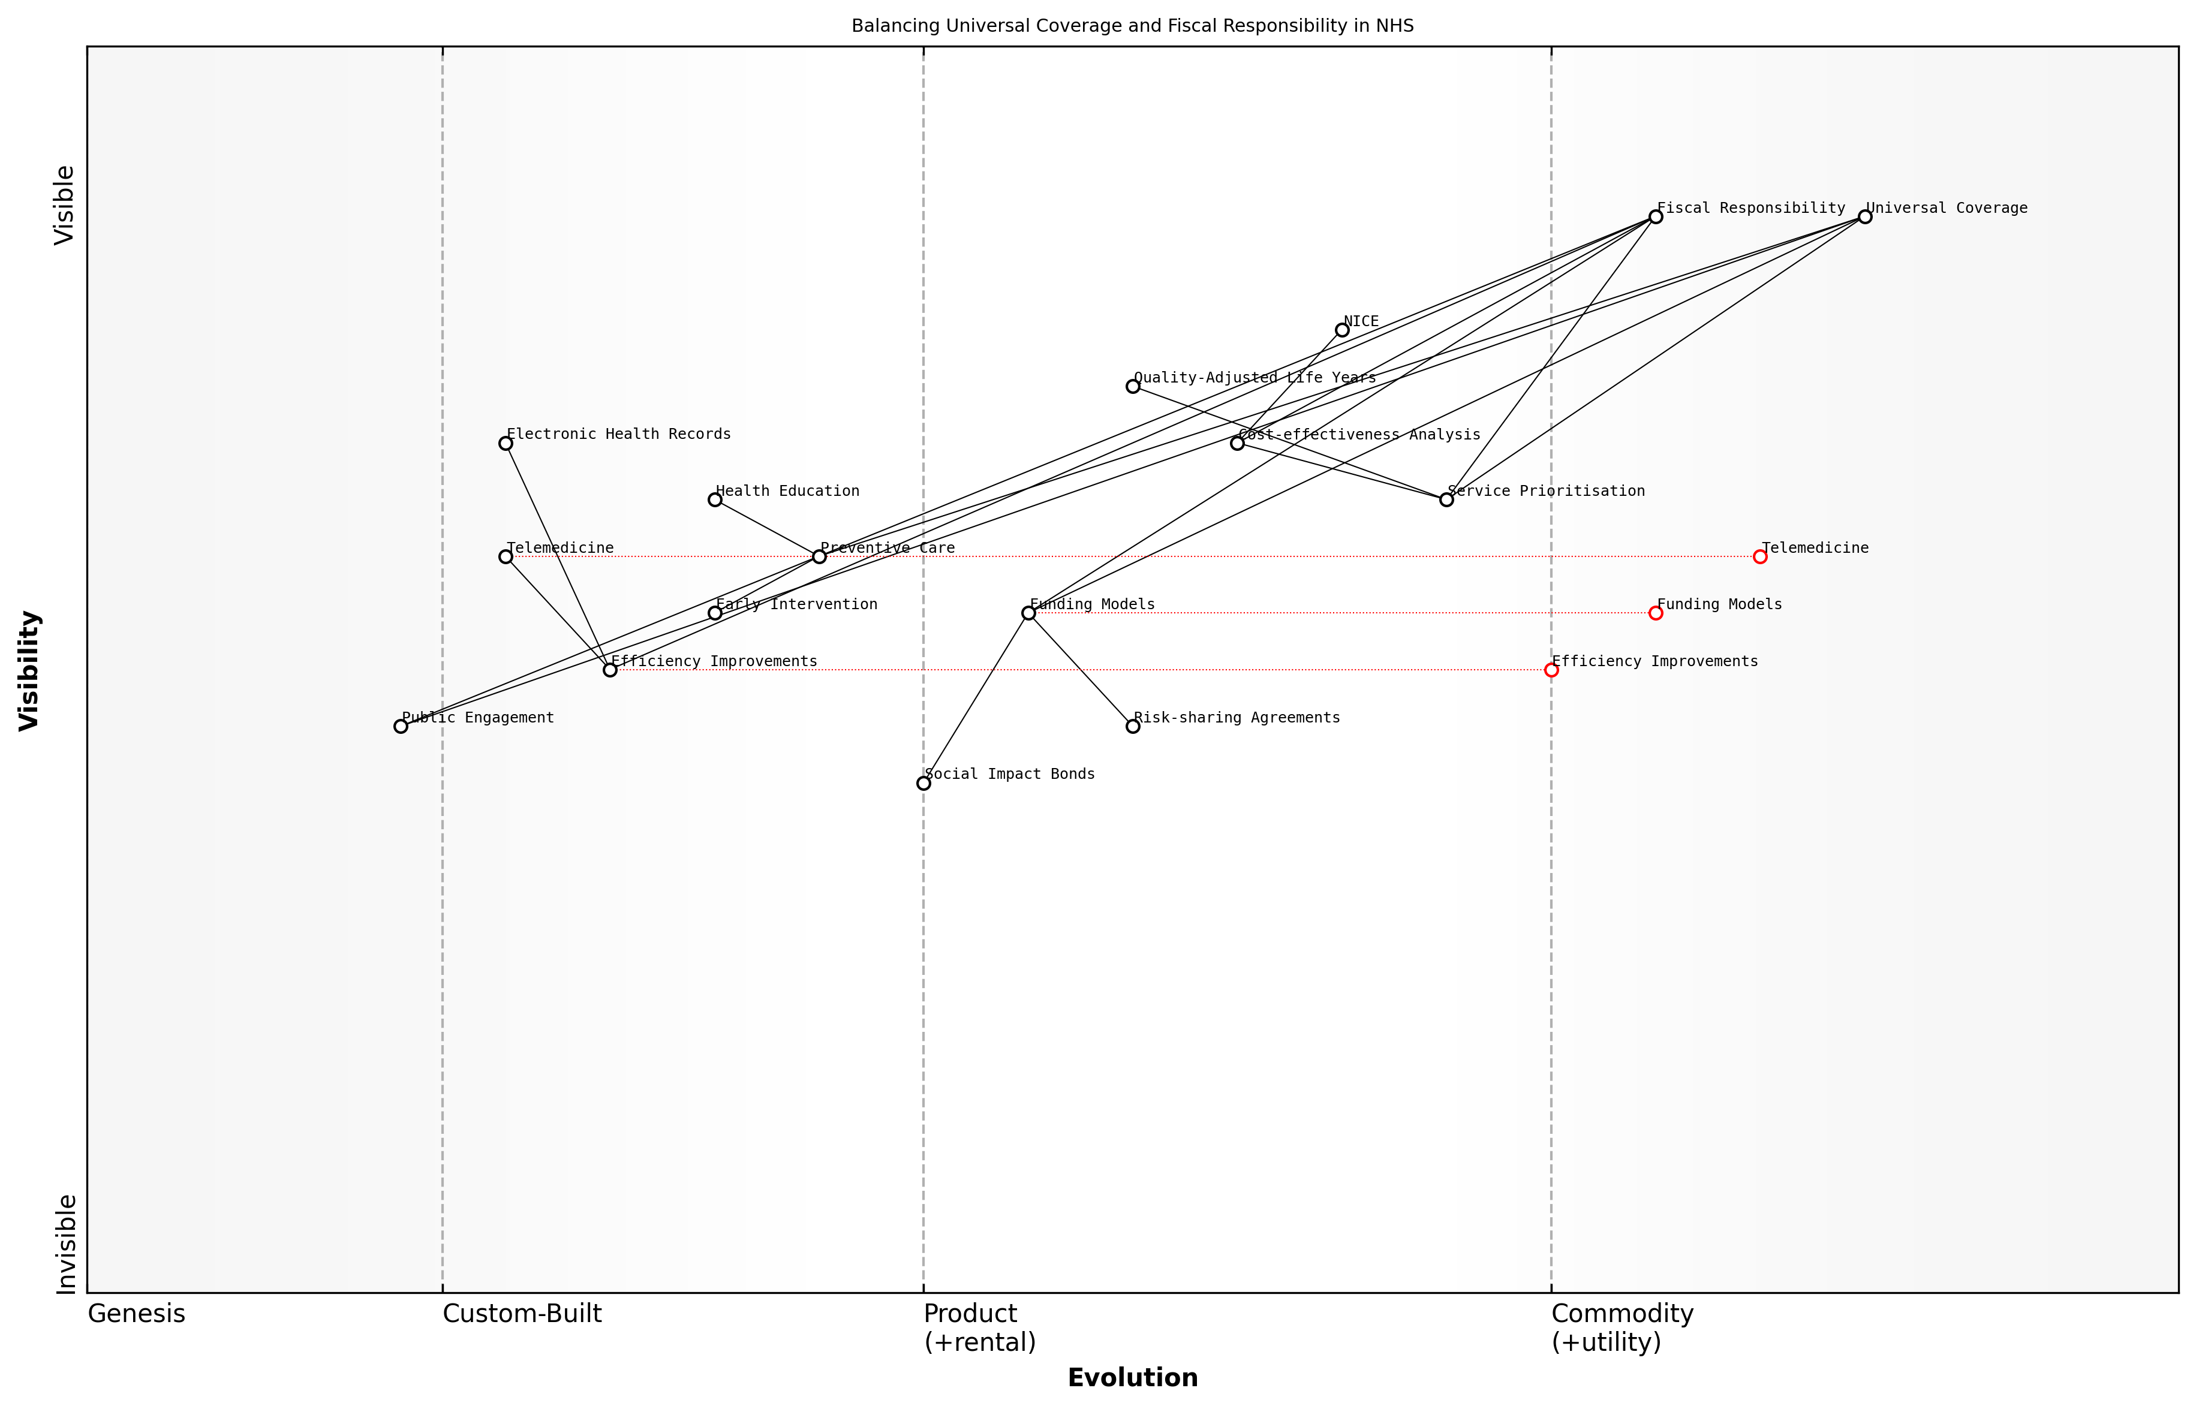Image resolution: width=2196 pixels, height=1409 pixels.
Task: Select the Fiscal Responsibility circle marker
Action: [1655, 217]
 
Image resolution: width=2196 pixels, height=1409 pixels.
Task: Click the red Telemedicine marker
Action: [1759, 556]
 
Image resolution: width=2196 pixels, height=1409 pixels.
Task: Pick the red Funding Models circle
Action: [1655, 613]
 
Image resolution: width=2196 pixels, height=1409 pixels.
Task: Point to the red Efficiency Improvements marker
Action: [1551, 670]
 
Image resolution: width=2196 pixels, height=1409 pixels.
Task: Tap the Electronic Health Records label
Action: [618, 433]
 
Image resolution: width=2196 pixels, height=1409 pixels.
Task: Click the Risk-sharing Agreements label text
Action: [1236, 717]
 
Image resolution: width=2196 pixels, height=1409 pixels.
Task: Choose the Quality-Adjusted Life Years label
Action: [1255, 377]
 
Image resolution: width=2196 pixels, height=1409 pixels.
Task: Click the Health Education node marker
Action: [715, 499]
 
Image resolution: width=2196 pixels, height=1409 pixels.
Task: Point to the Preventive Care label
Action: [887, 548]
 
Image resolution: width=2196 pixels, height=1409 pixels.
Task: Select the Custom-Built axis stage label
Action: [522, 1314]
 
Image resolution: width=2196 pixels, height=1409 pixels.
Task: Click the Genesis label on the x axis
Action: [136, 1314]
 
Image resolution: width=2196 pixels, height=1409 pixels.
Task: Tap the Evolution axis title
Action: [1132, 1378]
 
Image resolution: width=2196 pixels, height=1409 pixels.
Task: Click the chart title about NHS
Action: [1132, 26]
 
